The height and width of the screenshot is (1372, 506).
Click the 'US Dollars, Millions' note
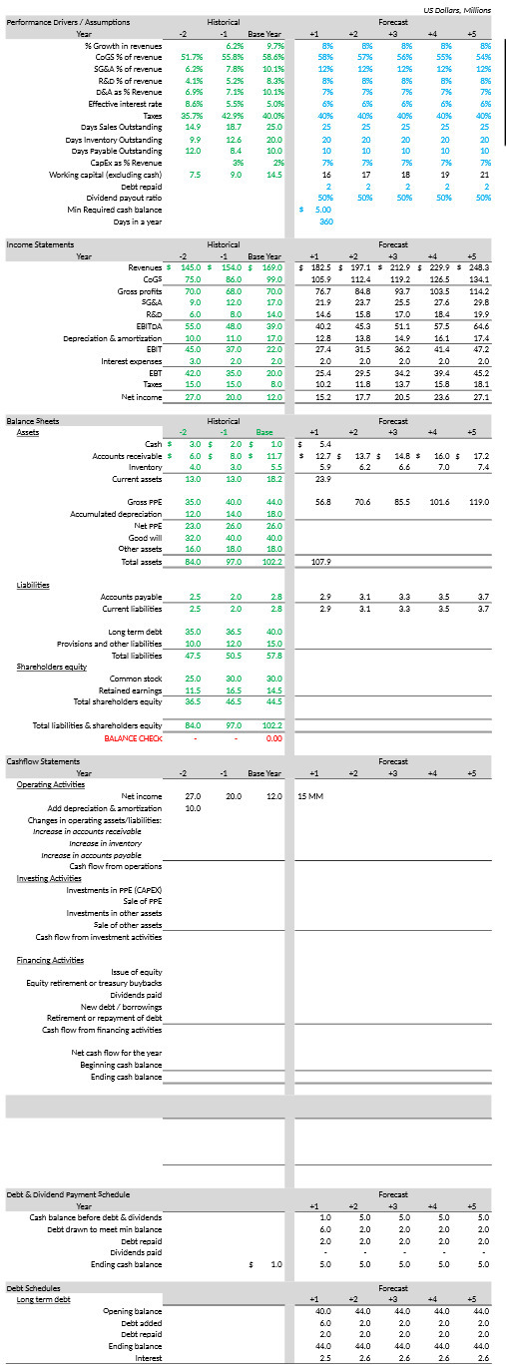[457, 9]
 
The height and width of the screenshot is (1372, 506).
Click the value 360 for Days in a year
[325, 221]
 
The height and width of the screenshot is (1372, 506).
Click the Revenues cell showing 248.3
[476, 267]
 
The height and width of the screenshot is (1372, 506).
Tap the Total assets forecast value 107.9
[322, 562]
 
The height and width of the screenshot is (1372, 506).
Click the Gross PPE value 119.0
[480, 501]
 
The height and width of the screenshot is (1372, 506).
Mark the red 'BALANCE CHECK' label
[133, 737]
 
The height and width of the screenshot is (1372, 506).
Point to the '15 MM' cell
[310, 795]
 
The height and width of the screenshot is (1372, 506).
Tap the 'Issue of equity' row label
[137, 971]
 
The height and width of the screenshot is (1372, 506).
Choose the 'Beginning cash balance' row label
[122, 1065]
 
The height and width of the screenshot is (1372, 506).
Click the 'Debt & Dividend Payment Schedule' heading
[68, 1193]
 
